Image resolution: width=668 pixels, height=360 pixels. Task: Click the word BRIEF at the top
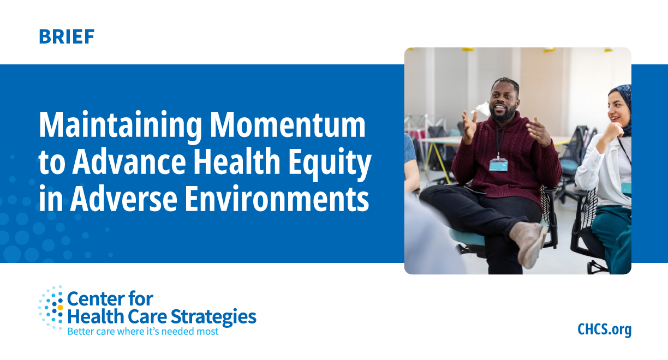click(x=67, y=37)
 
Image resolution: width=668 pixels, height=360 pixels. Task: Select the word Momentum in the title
click(x=288, y=125)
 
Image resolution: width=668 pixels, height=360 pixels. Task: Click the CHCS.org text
click(x=604, y=329)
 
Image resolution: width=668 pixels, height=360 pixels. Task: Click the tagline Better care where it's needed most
click(x=142, y=331)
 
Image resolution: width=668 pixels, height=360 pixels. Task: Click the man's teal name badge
click(x=498, y=164)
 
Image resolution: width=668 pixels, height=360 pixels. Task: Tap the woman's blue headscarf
click(x=624, y=98)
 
